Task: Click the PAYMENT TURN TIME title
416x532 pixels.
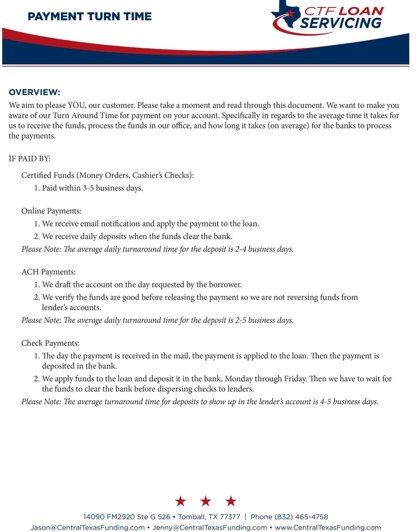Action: point(89,16)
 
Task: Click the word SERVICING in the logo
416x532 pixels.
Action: point(340,24)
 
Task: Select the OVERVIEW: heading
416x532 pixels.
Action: point(34,92)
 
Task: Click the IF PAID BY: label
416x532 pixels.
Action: point(29,159)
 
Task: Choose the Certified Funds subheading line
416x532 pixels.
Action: point(107,175)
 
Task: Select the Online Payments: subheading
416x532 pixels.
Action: point(51,211)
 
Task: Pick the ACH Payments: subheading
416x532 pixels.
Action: point(48,272)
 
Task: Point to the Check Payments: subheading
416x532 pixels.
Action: point(50,343)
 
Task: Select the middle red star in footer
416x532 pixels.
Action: point(206,501)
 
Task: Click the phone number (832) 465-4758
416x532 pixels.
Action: point(301,517)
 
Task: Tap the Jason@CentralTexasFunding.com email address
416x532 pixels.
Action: point(87,527)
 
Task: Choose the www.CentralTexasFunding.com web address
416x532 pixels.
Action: point(328,527)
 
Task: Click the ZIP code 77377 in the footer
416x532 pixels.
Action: point(230,517)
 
